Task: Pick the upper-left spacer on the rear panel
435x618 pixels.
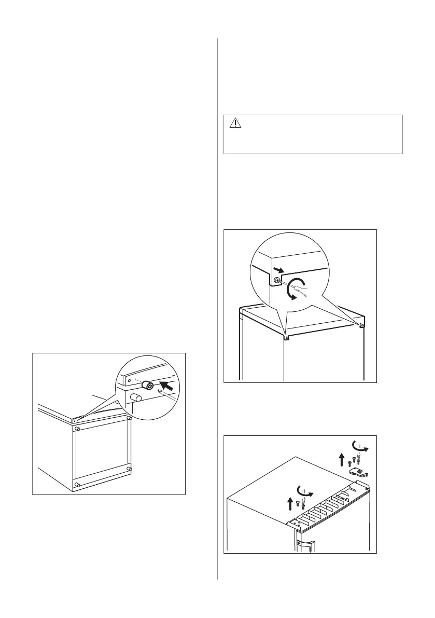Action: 77,429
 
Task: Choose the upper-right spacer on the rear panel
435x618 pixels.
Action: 129,417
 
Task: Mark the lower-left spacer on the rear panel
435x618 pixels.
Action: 77,485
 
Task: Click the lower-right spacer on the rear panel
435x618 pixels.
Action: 129,469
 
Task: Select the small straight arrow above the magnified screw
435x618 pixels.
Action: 279,269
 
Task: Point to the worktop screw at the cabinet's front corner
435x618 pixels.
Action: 286,336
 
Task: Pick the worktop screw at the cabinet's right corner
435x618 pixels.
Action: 361,326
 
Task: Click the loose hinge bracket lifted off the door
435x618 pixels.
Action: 357,471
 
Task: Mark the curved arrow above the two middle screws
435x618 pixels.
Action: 304,490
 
